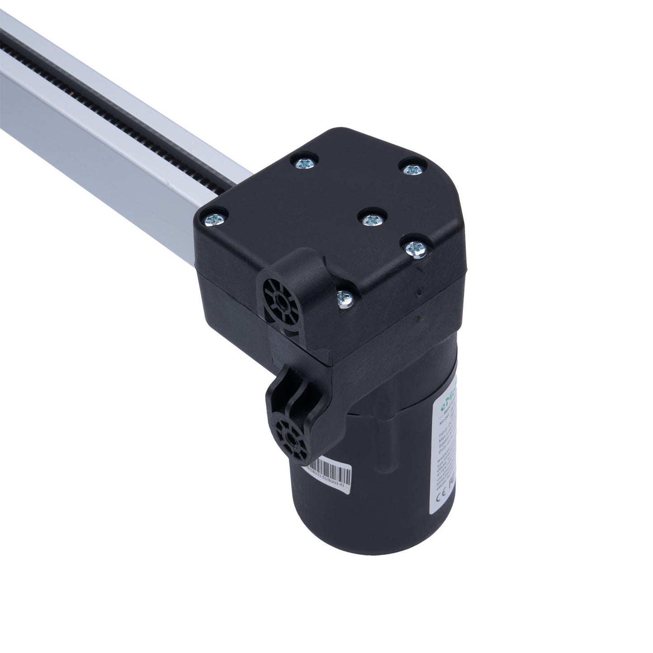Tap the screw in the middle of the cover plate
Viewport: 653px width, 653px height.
point(372,219)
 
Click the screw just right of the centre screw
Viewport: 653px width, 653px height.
point(413,248)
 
